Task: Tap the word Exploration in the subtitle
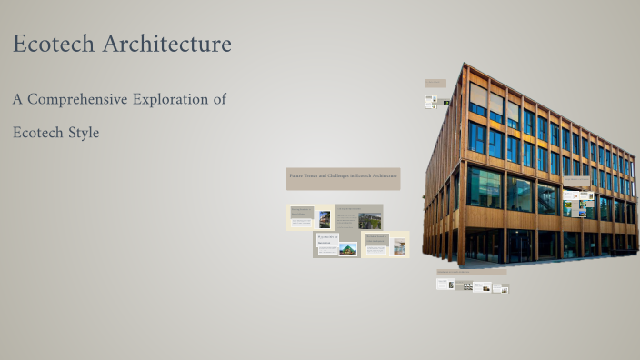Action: (x=179, y=99)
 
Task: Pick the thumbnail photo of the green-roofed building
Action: (x=369, y=219)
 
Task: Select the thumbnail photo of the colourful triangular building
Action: (x=347, y=248)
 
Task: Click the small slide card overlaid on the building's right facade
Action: (x=579, y=202)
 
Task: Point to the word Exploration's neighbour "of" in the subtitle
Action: (x=219, y=99)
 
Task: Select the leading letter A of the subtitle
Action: (x=17, y=99)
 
